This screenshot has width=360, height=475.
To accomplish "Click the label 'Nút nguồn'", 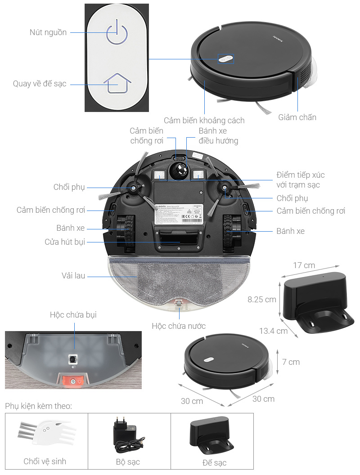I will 48,32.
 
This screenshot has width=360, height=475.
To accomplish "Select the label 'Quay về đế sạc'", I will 40,84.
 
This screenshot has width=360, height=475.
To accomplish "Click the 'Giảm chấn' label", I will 297,117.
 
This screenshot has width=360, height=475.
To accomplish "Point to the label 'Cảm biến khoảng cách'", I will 204,120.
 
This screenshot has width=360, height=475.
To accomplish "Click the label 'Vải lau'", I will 73,275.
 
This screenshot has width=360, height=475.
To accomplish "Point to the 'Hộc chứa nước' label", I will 179,326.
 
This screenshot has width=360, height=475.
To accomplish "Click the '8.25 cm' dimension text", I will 261,299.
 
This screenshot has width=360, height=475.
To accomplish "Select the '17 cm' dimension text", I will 304,265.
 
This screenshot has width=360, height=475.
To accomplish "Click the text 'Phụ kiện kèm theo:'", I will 39,406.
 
